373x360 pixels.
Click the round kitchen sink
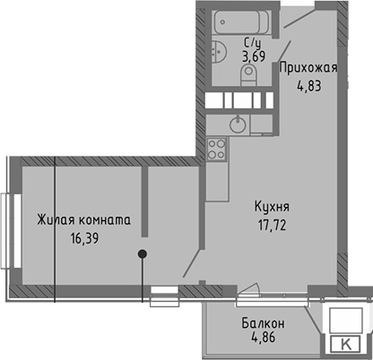[x=238, y=124]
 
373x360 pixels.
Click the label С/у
[x=253, y=42]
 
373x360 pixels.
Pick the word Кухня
[x=269, y=205]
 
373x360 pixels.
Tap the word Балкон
[x=264, y=322]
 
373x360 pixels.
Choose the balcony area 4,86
[x=264, y=339]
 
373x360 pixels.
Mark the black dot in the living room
[x=143, y=254]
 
